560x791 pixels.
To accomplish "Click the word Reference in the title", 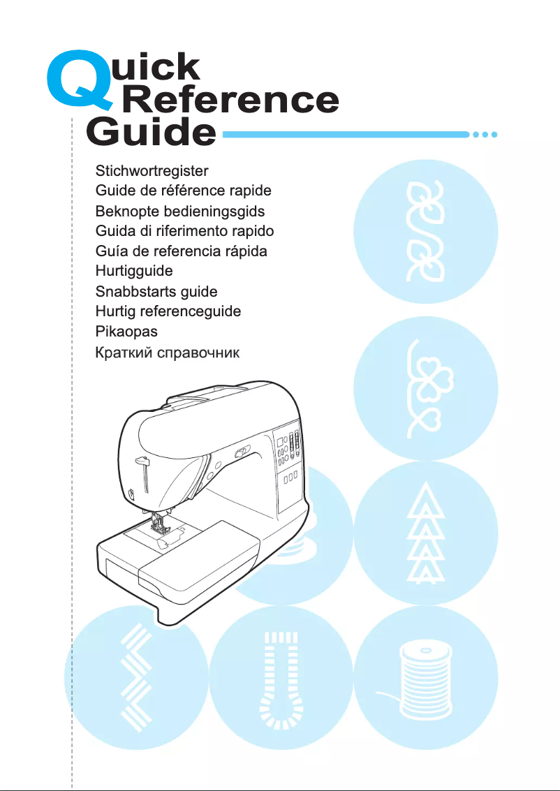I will pyautogui.click(x=230, y=101).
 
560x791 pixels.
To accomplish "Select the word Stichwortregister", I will pyautogui.click(x=152, y=170).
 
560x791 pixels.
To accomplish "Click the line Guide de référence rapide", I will pyautogui.click(x=184, y=190).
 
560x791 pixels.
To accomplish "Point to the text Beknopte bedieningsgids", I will pyautogui.click(x=180, y=210).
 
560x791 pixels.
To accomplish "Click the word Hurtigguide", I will pyautogui.click(x=134, y=271).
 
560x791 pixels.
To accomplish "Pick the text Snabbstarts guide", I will pyautogui.click(x=156, y=291).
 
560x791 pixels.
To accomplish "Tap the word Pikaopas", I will pyautogui.click(x=126, y=332).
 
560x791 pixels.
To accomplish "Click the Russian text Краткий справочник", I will pyautogui.click(x=168, y=353).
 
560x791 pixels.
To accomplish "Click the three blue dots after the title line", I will pyautogui.click(x=485, y=134).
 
